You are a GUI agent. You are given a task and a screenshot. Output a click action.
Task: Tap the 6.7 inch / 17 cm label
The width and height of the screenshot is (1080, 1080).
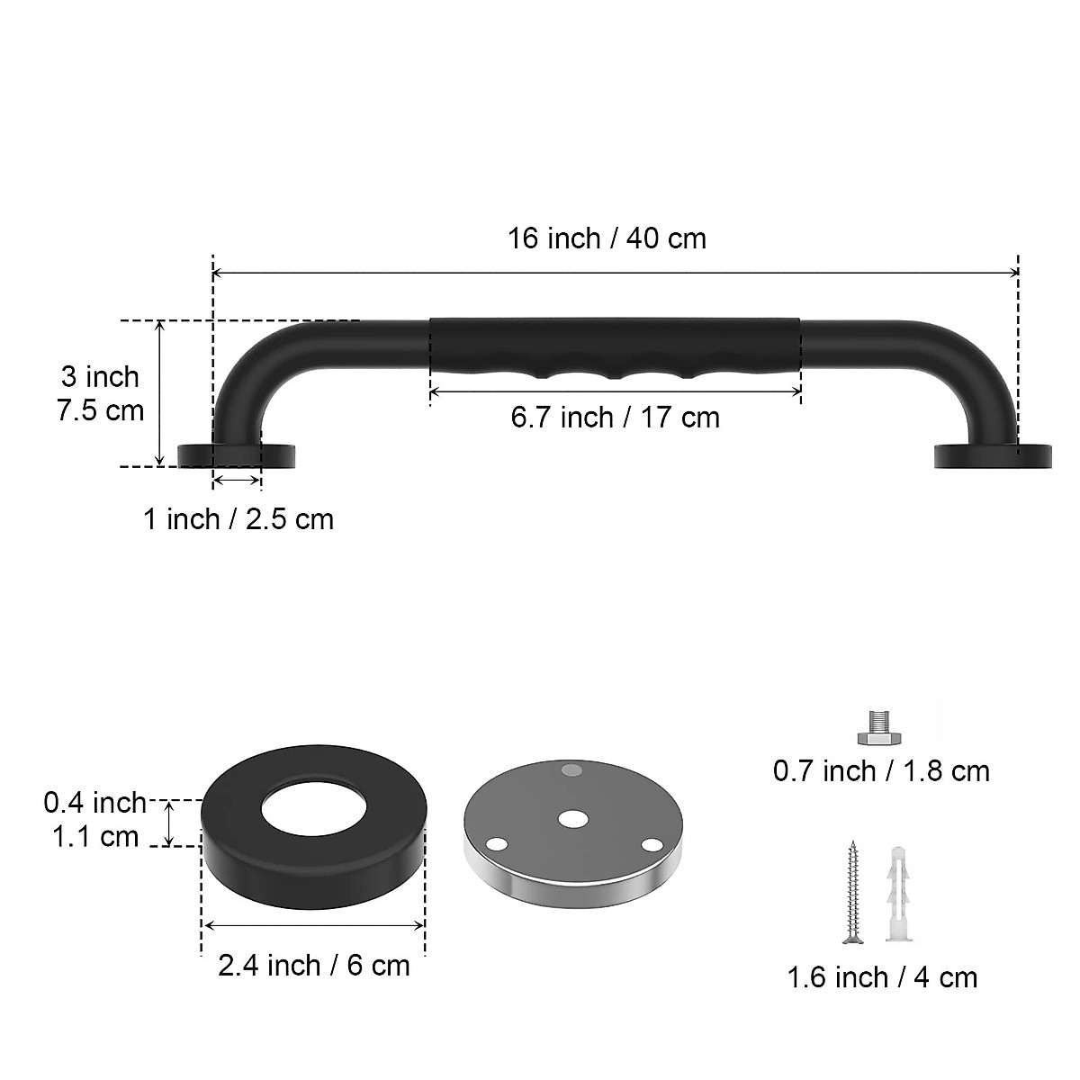(616, 418)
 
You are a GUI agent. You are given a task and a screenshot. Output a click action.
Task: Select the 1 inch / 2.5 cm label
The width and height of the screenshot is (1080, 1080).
(238, 519)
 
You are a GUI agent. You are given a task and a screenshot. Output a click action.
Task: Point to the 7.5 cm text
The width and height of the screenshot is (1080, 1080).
(100, 410)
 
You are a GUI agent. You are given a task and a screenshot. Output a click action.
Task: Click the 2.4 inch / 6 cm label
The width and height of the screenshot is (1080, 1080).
(313, 966)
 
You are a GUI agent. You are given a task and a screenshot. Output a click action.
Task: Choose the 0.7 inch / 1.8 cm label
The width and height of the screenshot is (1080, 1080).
(881, 771)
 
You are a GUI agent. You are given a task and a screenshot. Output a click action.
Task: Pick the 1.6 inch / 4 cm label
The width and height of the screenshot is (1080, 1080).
(882, 977)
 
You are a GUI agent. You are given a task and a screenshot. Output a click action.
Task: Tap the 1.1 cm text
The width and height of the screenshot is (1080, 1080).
(94, 837)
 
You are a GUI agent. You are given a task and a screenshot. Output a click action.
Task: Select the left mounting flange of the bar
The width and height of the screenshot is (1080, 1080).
(237, 454)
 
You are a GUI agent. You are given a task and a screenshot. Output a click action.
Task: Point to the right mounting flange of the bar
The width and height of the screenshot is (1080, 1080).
(992, 455)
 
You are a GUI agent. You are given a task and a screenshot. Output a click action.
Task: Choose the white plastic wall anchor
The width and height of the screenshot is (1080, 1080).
(899, 892)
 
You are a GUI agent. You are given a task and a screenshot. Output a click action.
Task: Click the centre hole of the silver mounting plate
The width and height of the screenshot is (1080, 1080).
(571, 819)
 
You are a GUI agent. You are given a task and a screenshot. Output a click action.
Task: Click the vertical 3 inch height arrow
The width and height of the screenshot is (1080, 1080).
(160, 392)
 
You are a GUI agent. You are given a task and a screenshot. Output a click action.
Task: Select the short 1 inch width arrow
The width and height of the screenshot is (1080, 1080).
(237, 481)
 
